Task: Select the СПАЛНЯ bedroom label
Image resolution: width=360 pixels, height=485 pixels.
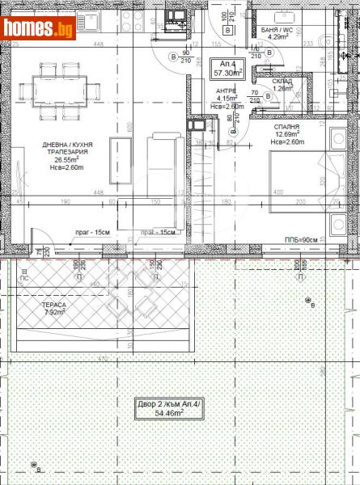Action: [286, 127]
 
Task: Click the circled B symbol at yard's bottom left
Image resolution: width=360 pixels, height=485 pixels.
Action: [35, 466]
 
